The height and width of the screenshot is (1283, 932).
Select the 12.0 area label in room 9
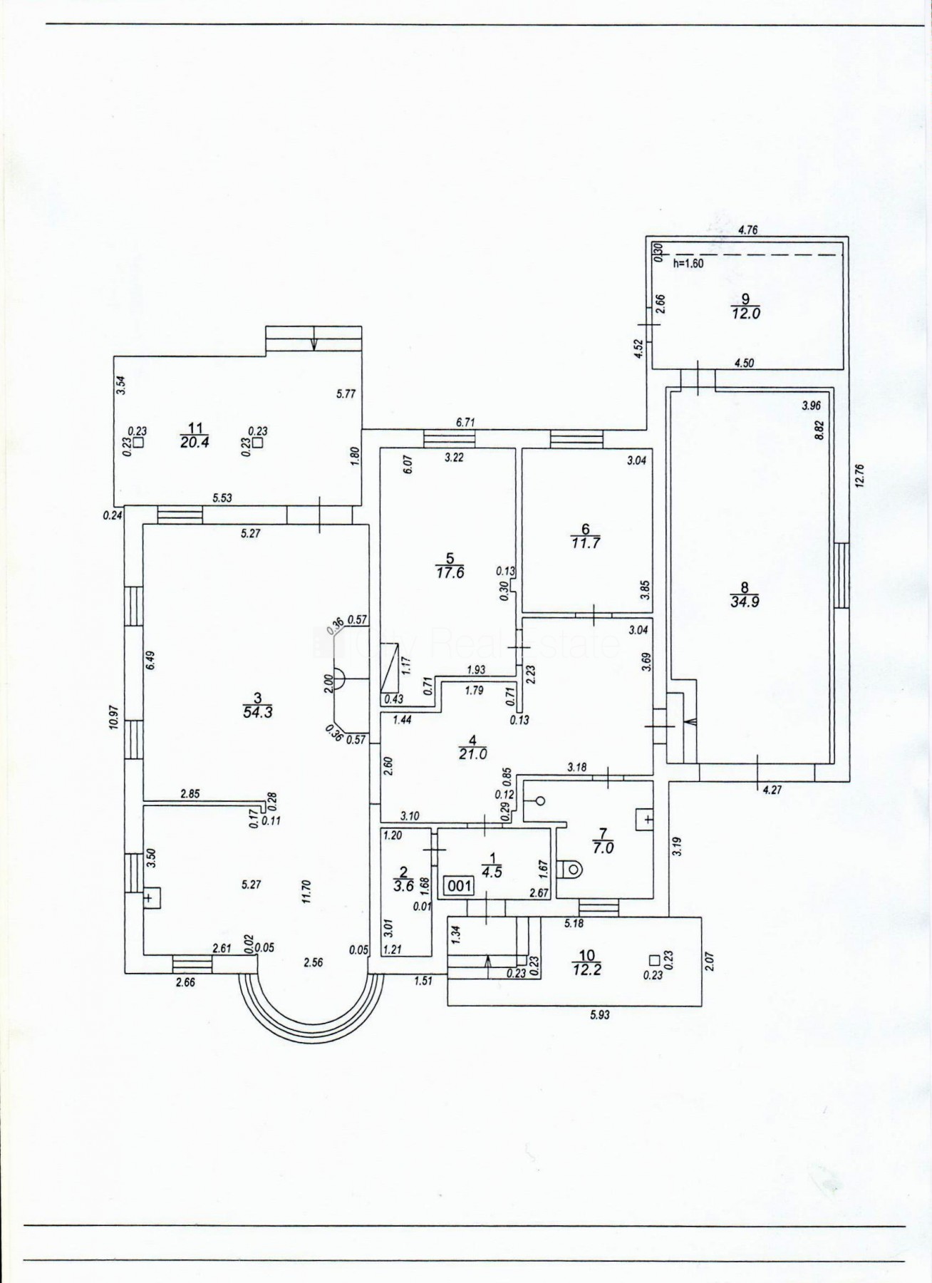point(745,313)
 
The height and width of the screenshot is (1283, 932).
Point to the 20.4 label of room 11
point(195,442)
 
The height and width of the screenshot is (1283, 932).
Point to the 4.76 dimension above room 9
point(747,230)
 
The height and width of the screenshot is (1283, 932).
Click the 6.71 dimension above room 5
point(465,422)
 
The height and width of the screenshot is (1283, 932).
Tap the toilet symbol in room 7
point(570,869)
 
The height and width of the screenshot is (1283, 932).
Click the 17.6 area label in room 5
point(450,572)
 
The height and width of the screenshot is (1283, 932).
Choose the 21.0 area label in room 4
point(473,753)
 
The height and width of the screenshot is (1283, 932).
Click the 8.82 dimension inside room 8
point(819,431)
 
